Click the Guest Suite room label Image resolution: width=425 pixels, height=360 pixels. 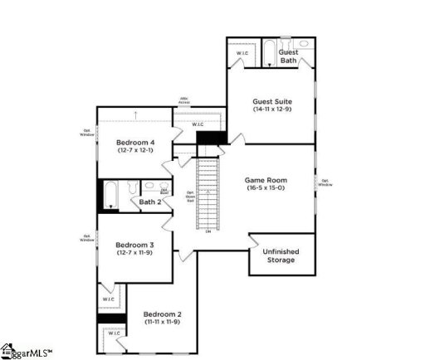coord(271,102)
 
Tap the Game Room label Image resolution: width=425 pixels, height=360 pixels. coord(266,179)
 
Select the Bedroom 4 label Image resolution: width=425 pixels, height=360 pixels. coord(137,142)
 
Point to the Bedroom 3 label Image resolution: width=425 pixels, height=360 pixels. coord(134,245)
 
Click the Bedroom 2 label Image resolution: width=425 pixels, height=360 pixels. coord(162,314)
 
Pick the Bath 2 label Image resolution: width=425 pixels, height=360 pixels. coord(149,202)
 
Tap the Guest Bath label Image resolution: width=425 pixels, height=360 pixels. coord(289,56)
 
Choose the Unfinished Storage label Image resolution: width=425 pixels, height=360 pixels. coord(281,255)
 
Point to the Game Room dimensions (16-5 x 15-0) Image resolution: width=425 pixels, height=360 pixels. coord(266,188)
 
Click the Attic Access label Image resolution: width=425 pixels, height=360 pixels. coord(184,101)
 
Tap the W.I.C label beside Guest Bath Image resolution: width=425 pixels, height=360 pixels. coord(242,53)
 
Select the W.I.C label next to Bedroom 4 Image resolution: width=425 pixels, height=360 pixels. coord(198,125)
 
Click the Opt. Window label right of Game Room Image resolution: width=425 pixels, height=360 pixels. coord(324,182)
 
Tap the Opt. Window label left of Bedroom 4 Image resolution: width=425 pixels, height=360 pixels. coord(87,133)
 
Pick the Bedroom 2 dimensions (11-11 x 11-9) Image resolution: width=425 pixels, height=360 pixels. coord(162,323)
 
